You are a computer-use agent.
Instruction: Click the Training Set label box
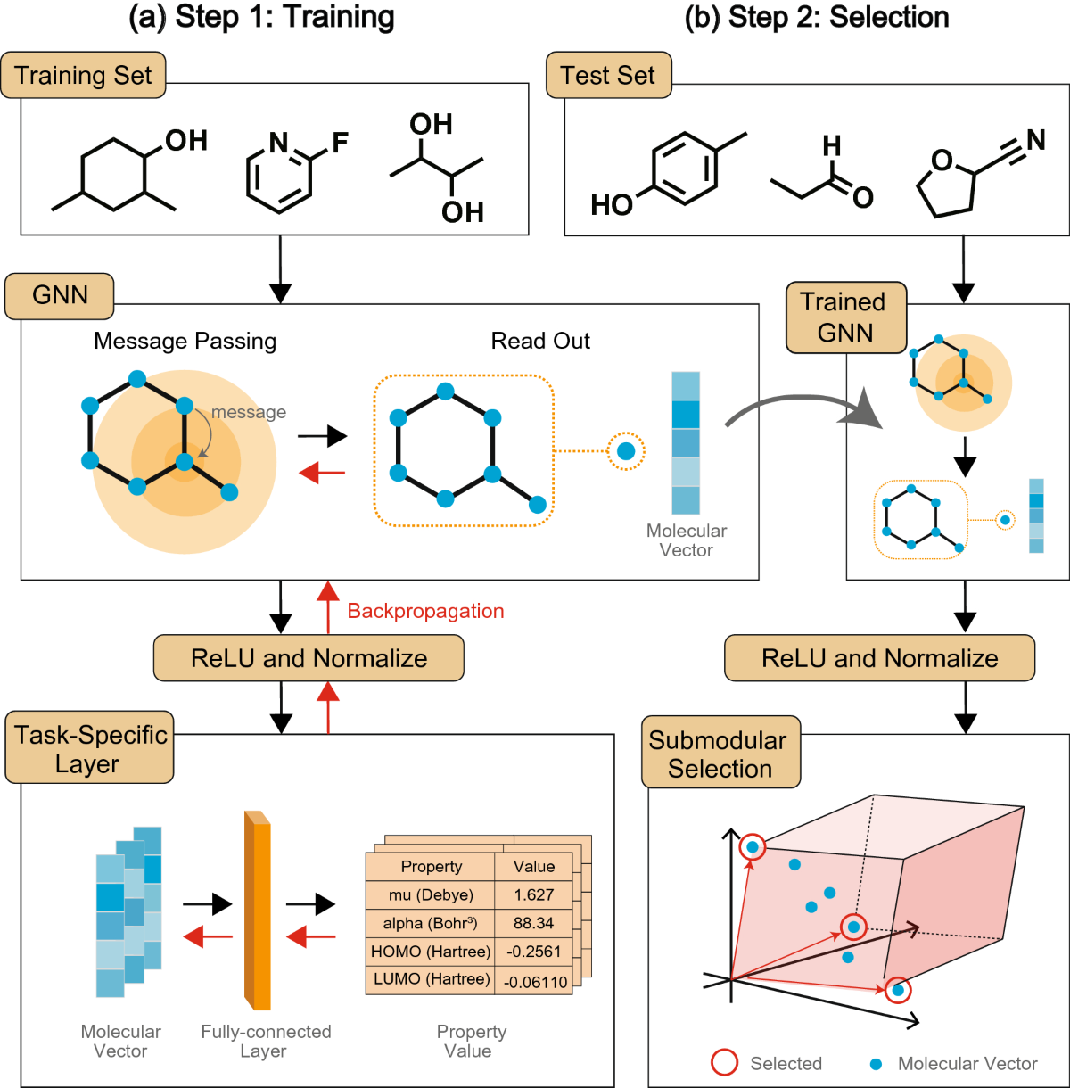(x=83, y=75)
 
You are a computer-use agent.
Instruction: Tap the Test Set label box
(x=608, y=75)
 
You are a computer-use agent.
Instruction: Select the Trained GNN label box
(x=844, y=317)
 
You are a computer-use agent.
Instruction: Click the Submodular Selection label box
(x=720, y=754)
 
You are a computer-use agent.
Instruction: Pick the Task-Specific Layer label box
(x=89, y=749)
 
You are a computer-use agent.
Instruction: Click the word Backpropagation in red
(x=425, y=611)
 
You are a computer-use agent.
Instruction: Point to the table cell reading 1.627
(x=533, y=894)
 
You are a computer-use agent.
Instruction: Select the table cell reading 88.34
(x=533, y=923)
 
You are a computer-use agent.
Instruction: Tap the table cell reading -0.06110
(x=535, y=981)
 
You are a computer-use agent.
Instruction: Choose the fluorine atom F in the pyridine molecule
(x=340, y=143)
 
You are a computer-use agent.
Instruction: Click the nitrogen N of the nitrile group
(x=1035, y=140)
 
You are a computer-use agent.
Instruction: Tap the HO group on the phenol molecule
(x=612, y=205)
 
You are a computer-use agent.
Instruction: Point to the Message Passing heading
(x=185, y=341)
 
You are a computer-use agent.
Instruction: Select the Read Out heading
(x=540, y=341)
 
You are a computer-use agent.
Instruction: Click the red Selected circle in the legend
(x=724, y=1063)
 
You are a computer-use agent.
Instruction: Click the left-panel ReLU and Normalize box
(x=309, y=658)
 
